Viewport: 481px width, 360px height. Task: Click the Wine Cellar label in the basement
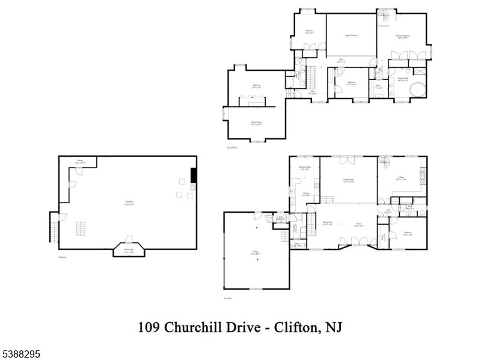(x=129, y=251)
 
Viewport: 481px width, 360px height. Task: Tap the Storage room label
(x=79, y=161)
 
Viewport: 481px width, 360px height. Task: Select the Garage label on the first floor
(x=254, y=253)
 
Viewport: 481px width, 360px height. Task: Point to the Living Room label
(x=348, y=180)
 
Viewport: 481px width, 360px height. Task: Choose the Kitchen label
(x=305, y=194)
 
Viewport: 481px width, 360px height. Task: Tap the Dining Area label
(x=328, y=224)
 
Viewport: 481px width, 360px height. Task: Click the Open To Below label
(x=352, y=35)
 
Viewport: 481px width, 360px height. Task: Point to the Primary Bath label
(x=402, y=79)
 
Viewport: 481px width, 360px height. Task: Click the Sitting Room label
(x=257, y=123)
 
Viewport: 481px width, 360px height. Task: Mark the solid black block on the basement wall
(x=194, y=175)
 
